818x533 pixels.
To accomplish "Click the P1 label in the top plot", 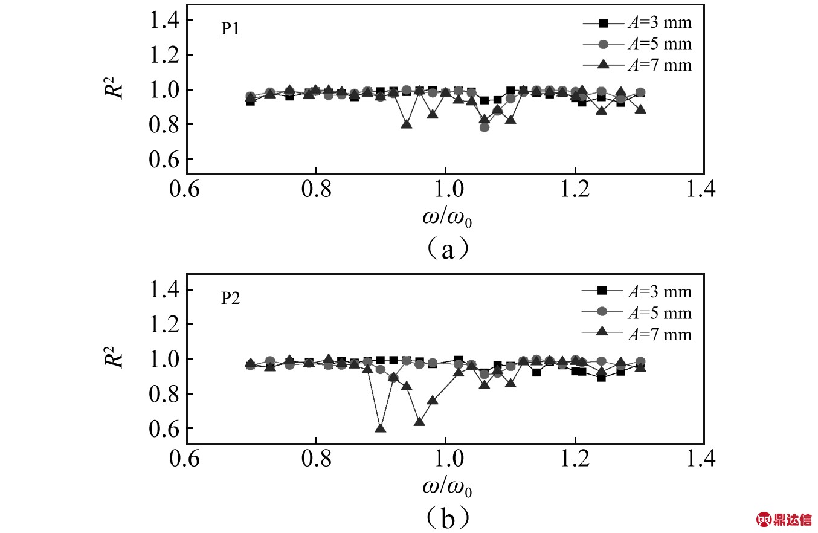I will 230,31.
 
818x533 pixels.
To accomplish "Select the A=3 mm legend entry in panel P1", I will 637,24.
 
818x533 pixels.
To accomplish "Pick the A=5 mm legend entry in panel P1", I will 637,44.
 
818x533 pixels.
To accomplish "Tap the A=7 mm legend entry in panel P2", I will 637,334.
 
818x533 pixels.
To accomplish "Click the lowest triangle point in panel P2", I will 381,428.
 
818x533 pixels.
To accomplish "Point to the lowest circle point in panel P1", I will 485,127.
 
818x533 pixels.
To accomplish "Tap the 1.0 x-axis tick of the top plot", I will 445,189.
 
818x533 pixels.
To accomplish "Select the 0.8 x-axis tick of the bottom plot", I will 315,459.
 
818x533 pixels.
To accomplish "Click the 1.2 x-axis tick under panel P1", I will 575,189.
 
